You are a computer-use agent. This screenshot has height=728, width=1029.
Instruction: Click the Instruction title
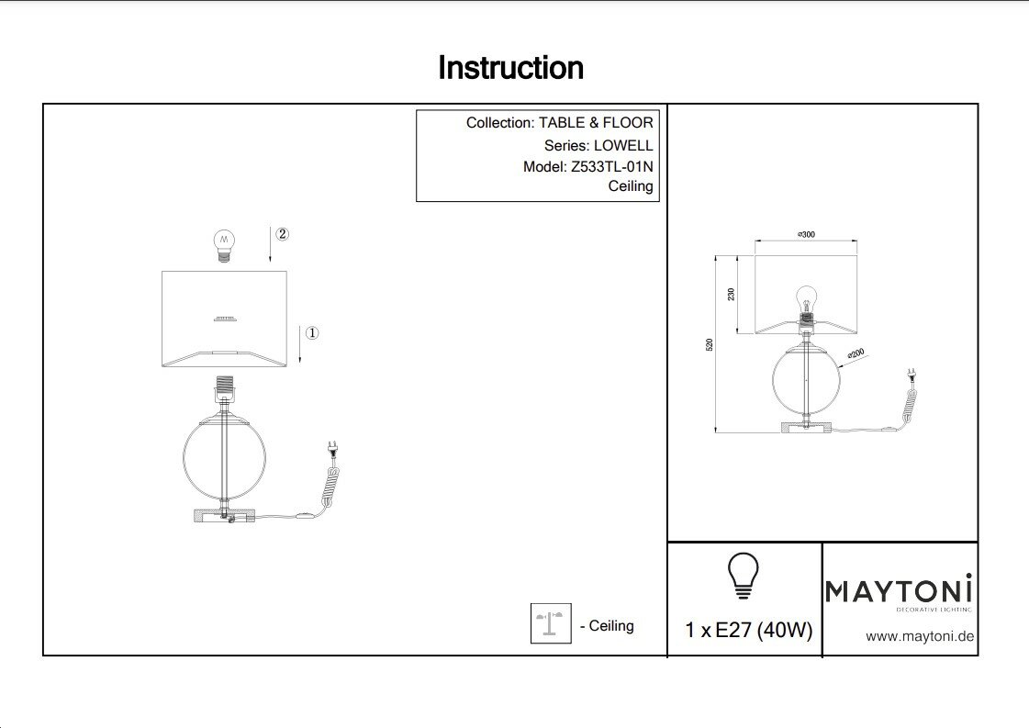coord(510,68)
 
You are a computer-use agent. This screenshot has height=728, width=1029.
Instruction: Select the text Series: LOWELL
coord(598,145)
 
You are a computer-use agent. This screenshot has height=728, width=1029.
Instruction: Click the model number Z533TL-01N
coord(611,166)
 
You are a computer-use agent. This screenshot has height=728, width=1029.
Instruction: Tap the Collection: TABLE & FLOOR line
coord(559,123)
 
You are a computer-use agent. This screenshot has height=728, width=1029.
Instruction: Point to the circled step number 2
coord(282,234)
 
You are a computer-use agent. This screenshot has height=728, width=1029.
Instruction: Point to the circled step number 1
coord(311,333)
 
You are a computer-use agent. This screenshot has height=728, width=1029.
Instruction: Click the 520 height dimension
coord(710,344)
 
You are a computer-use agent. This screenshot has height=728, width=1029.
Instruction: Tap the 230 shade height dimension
coord(732,295)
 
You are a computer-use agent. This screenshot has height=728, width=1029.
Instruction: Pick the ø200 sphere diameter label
coord(856,353)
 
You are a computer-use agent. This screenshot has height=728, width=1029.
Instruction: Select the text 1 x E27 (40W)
coord(748,631)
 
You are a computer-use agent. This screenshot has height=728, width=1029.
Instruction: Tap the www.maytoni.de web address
coord(920,636)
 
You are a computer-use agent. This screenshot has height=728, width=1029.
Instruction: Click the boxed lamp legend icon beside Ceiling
coord(551,623)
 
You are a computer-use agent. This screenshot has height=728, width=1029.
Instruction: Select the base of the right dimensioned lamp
coord(806,426)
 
